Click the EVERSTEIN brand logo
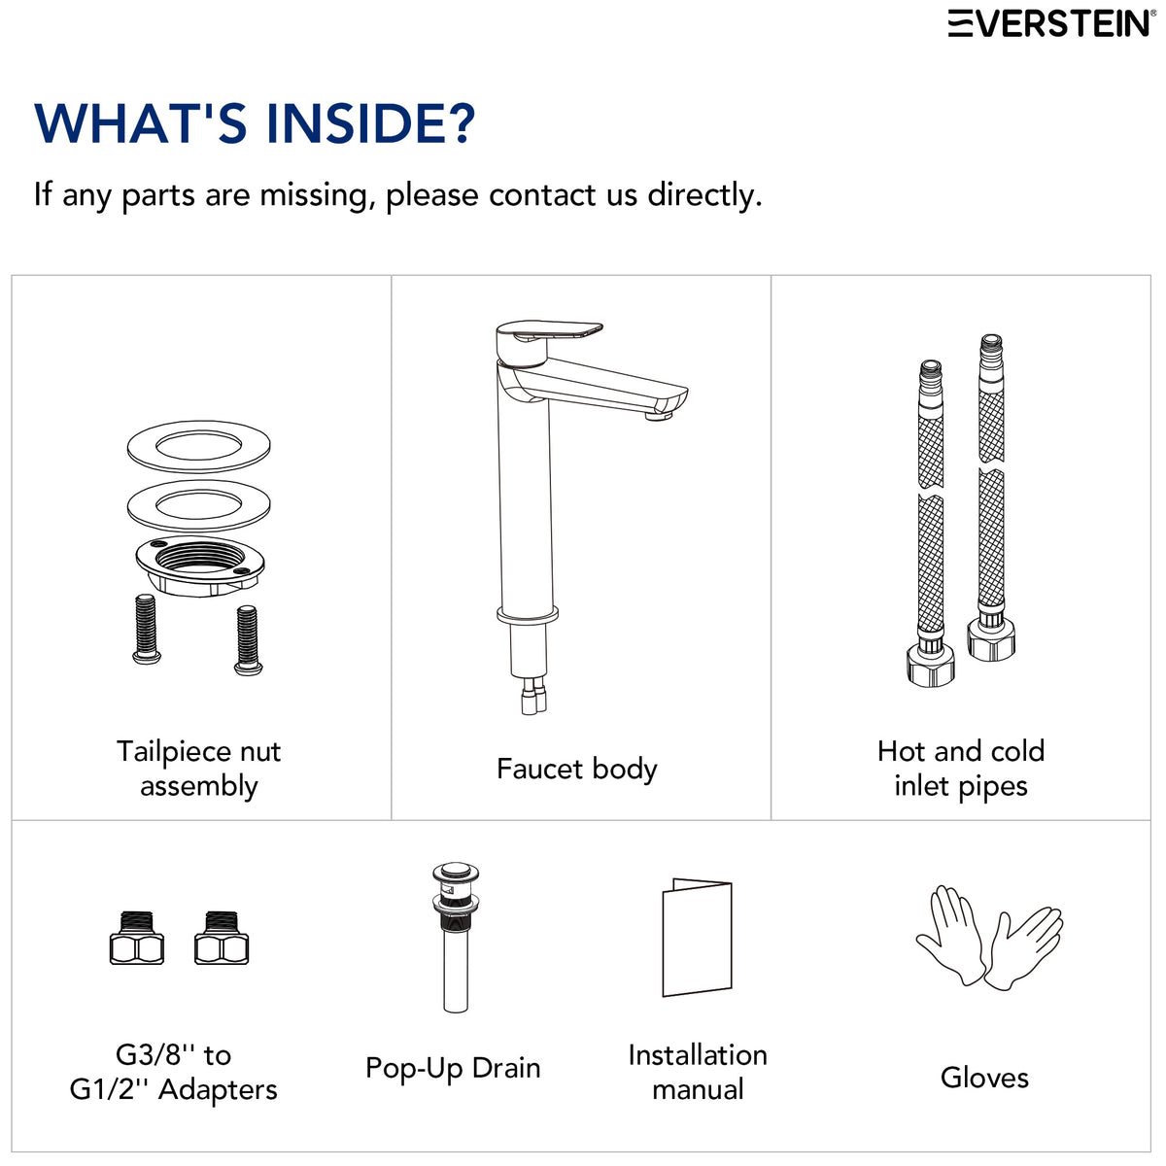pos(1051,23)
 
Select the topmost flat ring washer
pos(198,447)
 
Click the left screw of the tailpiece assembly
pos(147,630)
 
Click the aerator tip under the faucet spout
pos(659,416)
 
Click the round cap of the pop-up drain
pos(455,874)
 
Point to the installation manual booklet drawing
pos(697,938)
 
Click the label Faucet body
pos(576,770)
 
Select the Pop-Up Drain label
pos(453,1069)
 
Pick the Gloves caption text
pos(984,1078)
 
